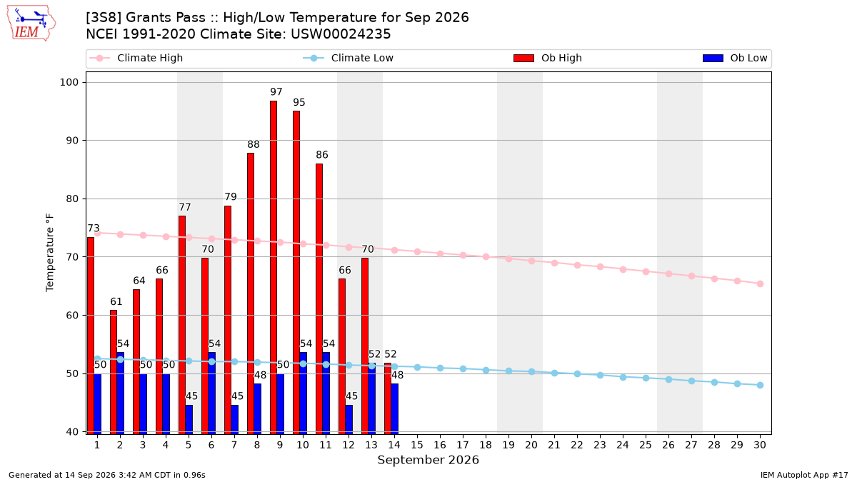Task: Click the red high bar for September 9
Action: (x=273, y=267)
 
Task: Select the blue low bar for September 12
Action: (x=349, y=420)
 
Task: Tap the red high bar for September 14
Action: (x=388, y=398)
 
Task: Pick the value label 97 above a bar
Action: (x=276, y=92)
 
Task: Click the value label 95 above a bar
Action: (x=299, y=102)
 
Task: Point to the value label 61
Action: (x=116, y=301)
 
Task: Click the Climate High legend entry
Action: (x=136, y=58)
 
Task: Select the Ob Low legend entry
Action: (x=735, y=58)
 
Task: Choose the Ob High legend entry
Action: (x=548, y=58)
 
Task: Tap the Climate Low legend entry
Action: (x=348, y=58)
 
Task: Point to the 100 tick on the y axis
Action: (x=69, y=82)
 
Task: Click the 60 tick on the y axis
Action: (x=72, y=315)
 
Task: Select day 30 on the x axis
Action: (x=760, y=445)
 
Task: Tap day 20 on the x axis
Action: (x=531, y=445)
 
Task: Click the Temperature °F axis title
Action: (x=50, y=253)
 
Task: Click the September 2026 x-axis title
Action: (x=428, y=460)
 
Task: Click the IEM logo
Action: (x=31, y=24)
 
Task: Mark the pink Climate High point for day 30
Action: (x=760, y=284)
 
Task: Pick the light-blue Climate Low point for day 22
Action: (x=577, y=373)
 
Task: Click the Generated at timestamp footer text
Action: (x=106, y=475)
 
